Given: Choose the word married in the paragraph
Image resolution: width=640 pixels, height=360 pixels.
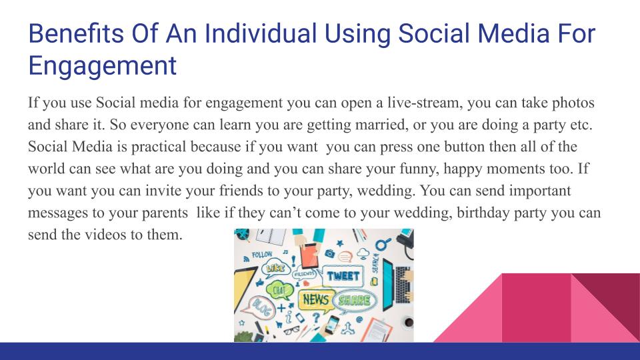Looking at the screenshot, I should pyautogui.click(x=377, y=125).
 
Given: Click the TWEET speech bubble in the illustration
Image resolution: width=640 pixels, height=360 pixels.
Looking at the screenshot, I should pyautogui.click(x=343, y=275).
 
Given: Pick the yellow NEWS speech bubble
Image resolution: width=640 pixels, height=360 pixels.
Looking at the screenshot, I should pyautogui.click(x=315, y=300).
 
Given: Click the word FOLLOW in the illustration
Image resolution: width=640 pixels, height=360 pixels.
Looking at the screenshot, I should pyautogui.click(x=261, y=255).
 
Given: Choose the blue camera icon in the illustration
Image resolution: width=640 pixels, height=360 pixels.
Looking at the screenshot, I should pyautogui.click(x=329, y=253).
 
